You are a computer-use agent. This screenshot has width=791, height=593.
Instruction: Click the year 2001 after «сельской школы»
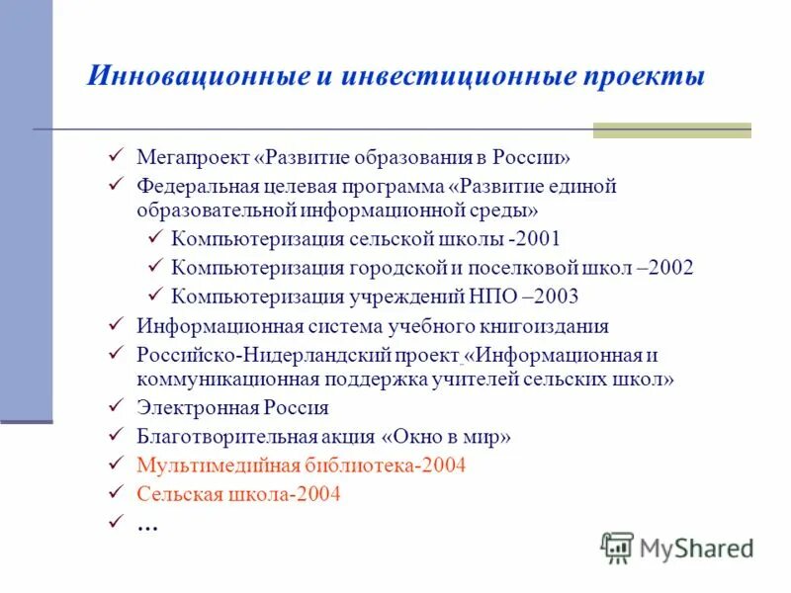(539, 239)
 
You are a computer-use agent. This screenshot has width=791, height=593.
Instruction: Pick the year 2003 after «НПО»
(557, 296)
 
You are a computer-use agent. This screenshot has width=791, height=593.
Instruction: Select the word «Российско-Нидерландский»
(246, 353)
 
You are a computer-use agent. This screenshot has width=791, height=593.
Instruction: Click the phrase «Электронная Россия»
(232, 407)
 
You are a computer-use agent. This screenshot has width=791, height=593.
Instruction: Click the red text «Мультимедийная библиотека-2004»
(301, 465)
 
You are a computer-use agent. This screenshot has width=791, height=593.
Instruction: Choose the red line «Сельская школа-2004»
(238, 494)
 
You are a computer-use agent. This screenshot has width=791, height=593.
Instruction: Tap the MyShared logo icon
(618, 547)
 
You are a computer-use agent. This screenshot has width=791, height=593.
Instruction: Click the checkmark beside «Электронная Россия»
(116, 406)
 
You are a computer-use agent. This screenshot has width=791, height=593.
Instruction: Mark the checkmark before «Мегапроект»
(116, 156)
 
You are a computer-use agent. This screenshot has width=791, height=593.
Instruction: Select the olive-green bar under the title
(671, 129)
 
